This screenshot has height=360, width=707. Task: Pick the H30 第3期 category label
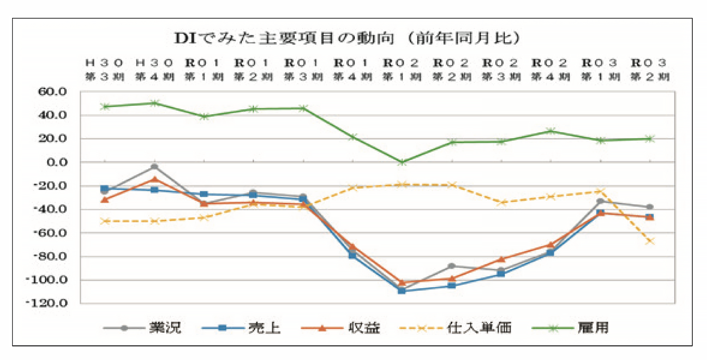point(105,70)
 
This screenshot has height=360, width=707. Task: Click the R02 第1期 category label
point(402,70)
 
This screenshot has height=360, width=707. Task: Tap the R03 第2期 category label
point(650,70)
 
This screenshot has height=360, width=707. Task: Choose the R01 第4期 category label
point(352,70)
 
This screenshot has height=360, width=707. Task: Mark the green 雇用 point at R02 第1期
point(402,162)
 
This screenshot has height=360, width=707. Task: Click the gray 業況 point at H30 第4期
point(154,167)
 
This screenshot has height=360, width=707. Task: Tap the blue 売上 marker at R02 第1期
point(402,291)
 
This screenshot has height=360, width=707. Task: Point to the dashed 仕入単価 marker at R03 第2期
point(650,241)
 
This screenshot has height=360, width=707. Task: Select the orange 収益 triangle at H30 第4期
point(154,179)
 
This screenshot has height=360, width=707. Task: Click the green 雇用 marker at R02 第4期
point(551,131)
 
